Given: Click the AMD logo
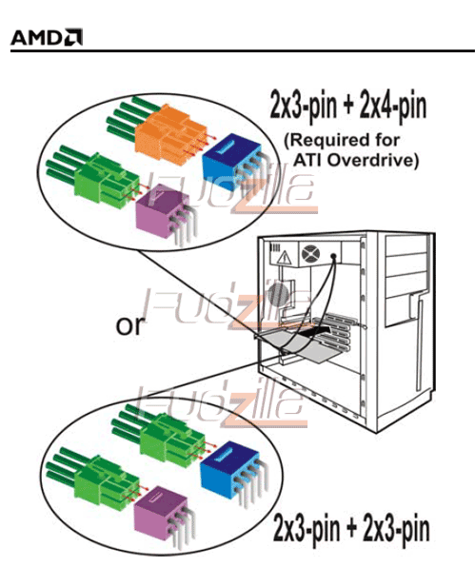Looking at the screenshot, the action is pos(47,37).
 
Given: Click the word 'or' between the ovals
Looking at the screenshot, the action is pos(129,325).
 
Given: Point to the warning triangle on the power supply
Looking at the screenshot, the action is pos(285,257).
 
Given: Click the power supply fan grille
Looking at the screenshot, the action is pos(310,253).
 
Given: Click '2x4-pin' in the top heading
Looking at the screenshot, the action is pos(393,106).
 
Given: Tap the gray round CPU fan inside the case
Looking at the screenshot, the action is pos(278,295).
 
